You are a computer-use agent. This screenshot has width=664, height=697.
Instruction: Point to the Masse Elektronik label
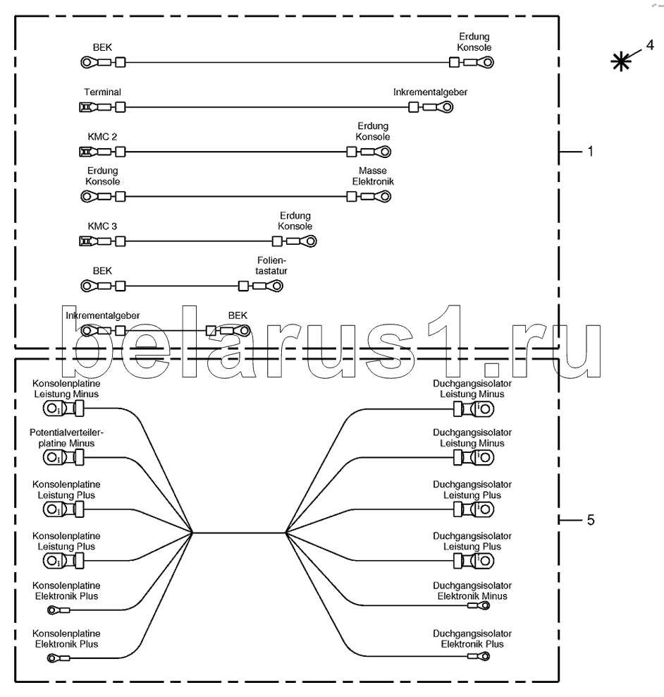point(373,176)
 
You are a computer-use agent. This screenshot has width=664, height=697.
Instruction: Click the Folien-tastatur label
point(271,265)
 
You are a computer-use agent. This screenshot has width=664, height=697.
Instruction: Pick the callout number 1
point(591,151)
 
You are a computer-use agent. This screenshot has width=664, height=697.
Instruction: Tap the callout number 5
point(591,520)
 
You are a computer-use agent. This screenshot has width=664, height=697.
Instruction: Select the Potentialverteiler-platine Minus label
point(62,437)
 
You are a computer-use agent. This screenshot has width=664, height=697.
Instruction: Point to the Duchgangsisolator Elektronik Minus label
point(472,591)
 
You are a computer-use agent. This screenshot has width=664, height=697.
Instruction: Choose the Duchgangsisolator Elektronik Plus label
point(472,638)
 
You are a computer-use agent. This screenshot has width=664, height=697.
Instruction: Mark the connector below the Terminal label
point(88,107)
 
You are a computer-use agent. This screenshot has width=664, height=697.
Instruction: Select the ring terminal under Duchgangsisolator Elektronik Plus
point(482,657)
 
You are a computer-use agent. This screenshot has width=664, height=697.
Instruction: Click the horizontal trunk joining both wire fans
point(239,532)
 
